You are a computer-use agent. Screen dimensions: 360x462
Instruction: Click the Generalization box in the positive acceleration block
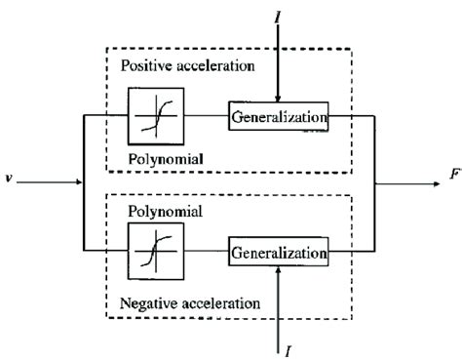pyautogui.click(x=278, y=118)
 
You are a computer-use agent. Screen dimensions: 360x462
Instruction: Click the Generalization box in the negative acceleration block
pyautogui.click(x=278, y=252)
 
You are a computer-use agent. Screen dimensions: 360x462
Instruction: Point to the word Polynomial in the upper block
pyautogui.click(x=159, y=158)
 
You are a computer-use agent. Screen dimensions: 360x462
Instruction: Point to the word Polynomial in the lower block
pyautogui.click(x=160, y=210)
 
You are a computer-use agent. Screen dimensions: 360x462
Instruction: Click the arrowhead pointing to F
pyautogui.click(x=429, y=181)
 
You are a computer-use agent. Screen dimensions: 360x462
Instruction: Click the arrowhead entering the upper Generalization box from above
pyautogui.click(x=278, y=99)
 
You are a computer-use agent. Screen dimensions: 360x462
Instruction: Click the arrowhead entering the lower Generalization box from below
pyautogui.click(x=278, y=271)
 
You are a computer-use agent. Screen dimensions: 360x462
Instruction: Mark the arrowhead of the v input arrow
pyautogui.click(x=78, y=181)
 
